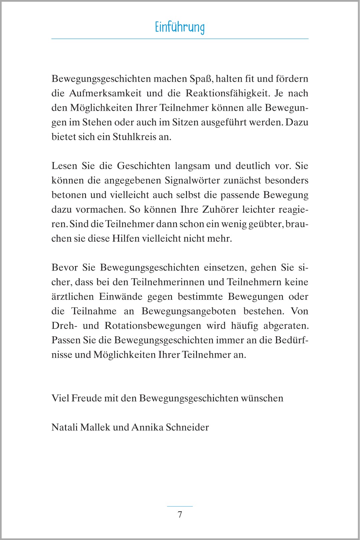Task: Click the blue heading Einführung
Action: pyautogui.click(x=180, y=27)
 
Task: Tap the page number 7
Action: pyautogui.click(x=180, y=514)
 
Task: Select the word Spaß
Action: pyautogui.click(x=201, y=79)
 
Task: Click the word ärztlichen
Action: pyautogui.click(x=72, y=296)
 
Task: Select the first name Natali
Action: pyautogui.click(x=64, y=427)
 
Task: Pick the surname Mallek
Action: pyautogui.click(x=95, y=427)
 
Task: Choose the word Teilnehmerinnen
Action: pyautogui.click(x=168, y=282)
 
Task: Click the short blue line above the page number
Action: pyautogui.click(x=180, y=506)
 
